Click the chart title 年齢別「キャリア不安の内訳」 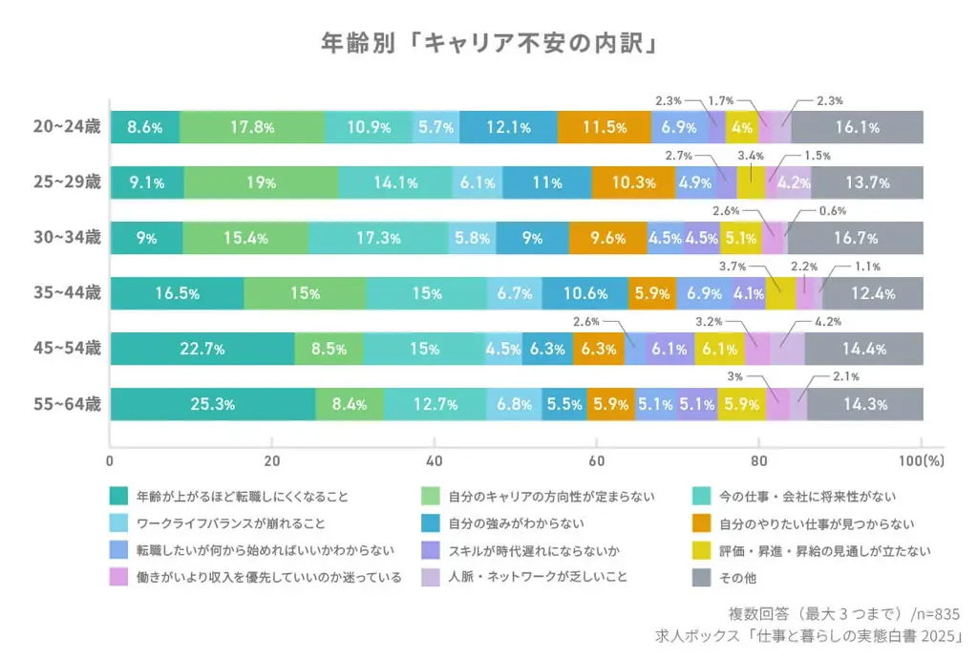tap(489, 44)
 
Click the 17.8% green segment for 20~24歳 tap(252, 127)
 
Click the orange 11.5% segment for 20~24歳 tap(605, 127)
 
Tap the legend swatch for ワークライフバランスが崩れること tap(119, 523)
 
